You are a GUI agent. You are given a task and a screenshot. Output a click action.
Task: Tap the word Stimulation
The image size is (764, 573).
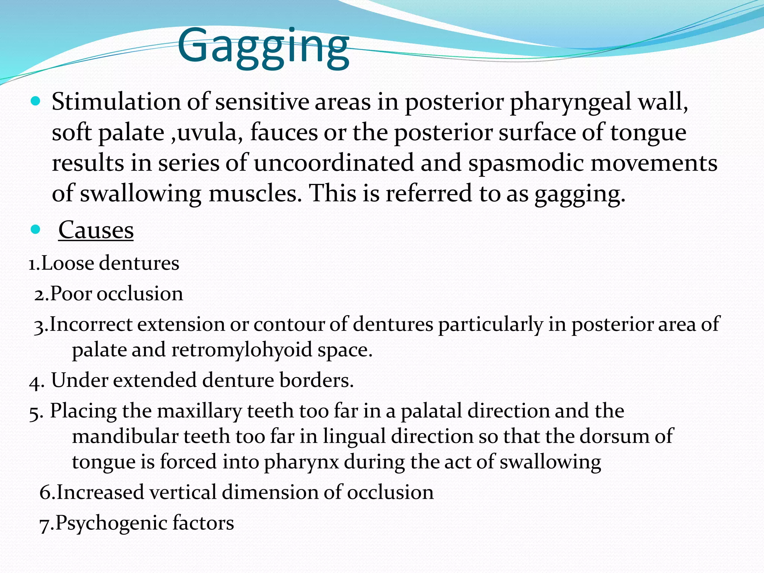point(116,101)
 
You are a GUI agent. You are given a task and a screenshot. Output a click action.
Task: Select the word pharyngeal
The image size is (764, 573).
point(571,102)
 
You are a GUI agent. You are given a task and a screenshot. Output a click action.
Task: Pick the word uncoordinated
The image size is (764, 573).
point(334,163)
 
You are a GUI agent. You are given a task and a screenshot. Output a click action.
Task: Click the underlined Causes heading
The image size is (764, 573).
point(96,230)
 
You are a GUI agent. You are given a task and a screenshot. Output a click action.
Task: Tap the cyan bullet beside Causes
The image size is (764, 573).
point(35,229)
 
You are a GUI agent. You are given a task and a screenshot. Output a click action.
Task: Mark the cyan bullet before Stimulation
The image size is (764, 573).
point(35,101)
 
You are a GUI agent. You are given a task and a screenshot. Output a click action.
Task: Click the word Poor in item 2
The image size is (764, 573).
point(71,294)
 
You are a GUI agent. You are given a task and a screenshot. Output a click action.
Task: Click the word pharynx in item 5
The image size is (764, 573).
point(301,463)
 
